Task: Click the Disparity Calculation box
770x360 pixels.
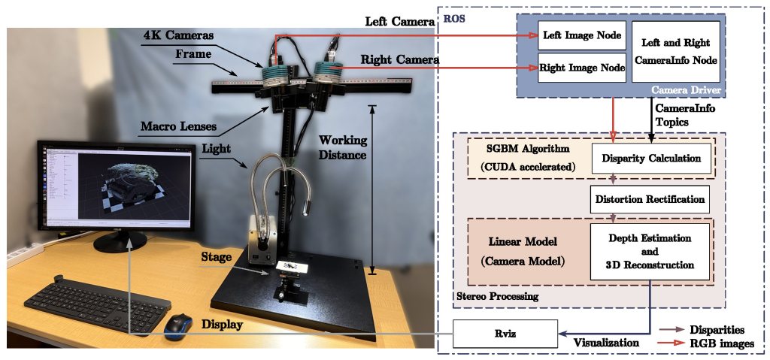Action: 651,159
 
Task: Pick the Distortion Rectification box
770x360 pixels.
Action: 650,199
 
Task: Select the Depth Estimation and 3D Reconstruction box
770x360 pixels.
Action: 650,252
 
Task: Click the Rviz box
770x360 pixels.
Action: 505,331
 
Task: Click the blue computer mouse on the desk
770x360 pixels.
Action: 178,325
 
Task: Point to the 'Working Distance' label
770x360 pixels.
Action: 342,147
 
